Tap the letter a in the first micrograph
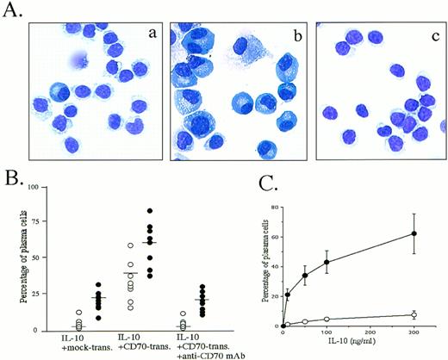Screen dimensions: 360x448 coord(148,35)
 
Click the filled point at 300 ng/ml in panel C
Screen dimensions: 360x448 coord(414,233)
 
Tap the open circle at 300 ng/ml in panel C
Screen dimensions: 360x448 coord(414,314)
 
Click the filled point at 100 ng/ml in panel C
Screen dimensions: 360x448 coord(327,262)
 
